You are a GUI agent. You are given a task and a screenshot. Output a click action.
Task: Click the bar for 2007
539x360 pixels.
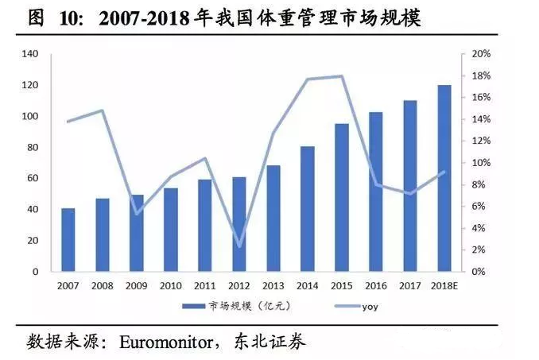(68, 239)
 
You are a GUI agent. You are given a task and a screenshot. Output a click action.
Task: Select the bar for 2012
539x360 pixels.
(239, 224)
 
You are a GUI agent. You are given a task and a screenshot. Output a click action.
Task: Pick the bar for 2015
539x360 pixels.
(342, 197)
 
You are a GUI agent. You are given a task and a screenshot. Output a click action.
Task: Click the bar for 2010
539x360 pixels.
(171, 230)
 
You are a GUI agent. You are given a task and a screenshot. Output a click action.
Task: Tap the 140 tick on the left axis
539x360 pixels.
(30, 54)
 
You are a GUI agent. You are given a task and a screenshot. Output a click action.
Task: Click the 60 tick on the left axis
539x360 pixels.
(33, 179)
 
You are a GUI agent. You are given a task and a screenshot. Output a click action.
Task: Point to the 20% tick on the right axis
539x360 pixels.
(482, 54)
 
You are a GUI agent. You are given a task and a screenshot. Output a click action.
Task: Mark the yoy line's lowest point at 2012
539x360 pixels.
(239, 246)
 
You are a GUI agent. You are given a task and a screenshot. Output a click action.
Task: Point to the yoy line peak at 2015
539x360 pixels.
(342, 76)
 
